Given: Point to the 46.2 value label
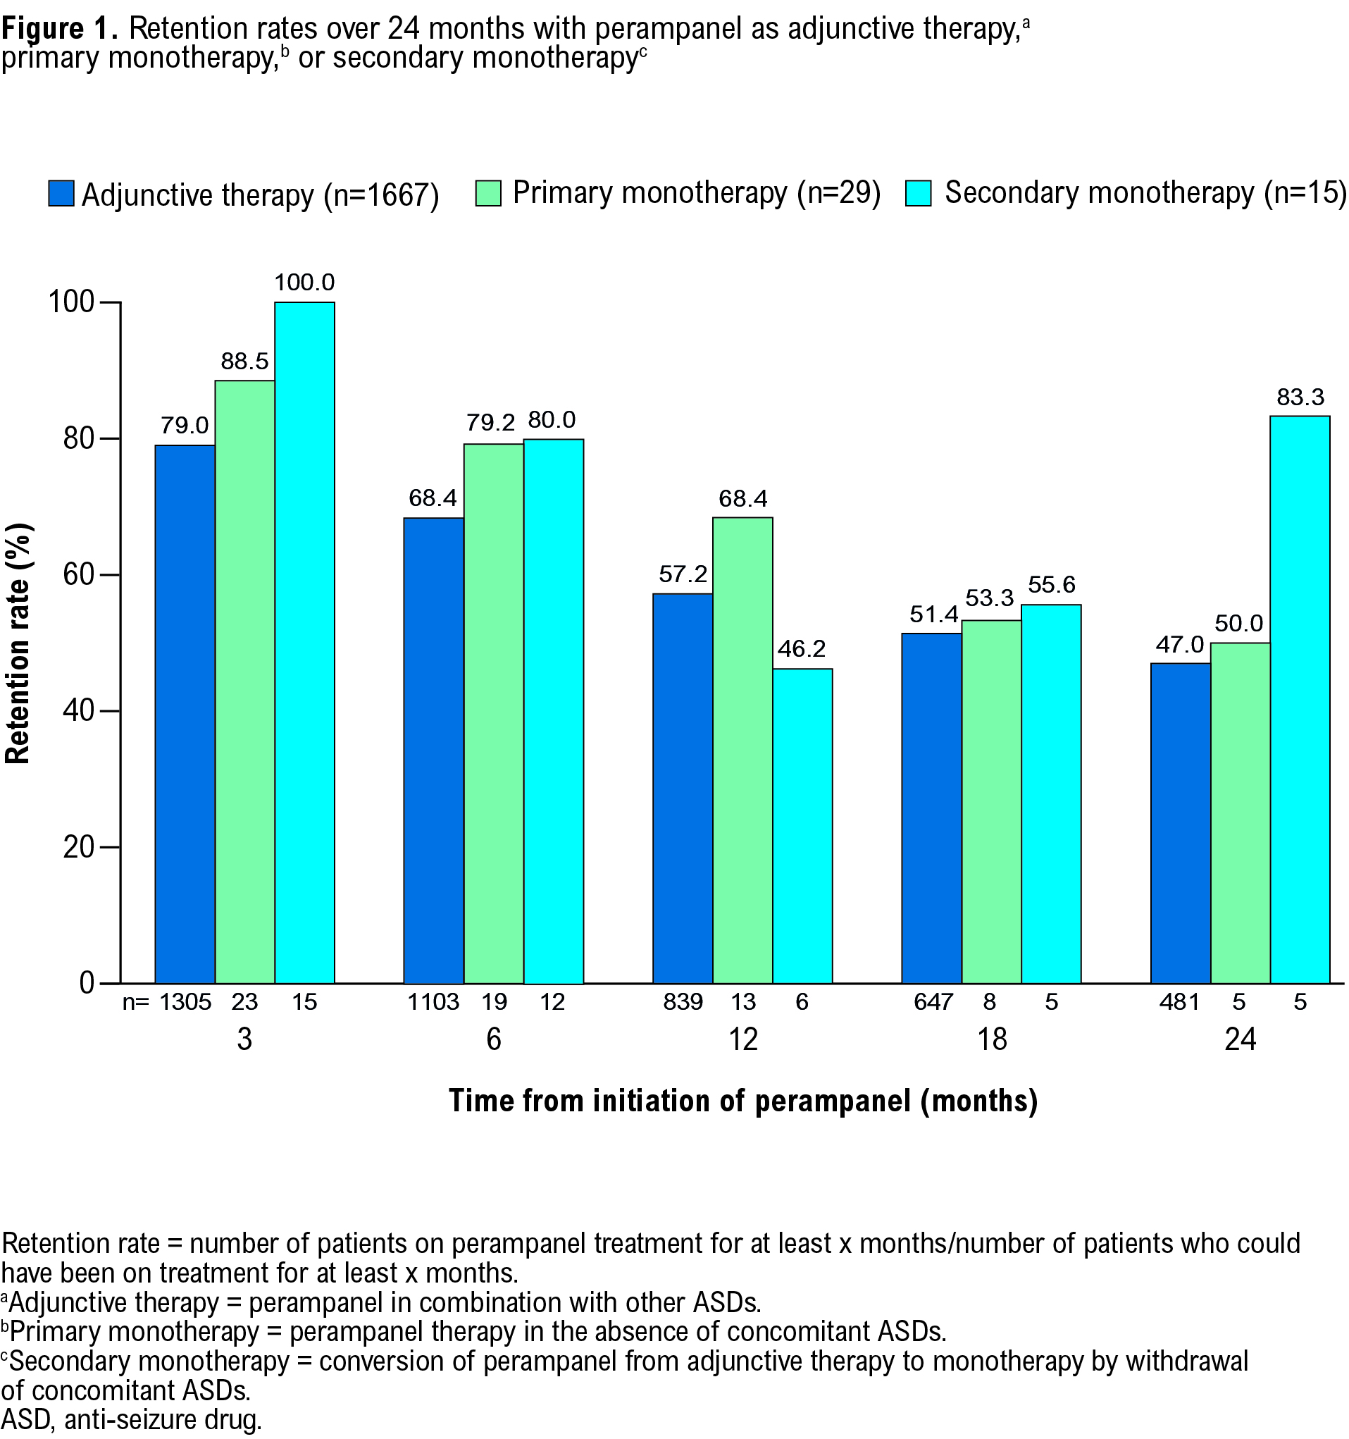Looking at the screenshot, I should click(x=801, y=648).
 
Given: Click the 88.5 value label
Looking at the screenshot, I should click(x=244, y=362).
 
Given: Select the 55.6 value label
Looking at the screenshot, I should click(x=1051, y=585).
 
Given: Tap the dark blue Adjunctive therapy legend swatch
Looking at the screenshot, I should click(x=61, y=193).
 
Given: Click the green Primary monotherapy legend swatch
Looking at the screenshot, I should click(x=487, y=193).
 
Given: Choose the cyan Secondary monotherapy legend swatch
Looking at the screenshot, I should click(x=919, y=193).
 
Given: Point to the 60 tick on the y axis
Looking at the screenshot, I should click(x=80, y=575).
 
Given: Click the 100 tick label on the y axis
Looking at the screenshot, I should click(x=71, y=302).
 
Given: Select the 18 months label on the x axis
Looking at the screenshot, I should click(x=991, y=1040).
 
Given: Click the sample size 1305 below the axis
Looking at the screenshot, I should click(x=185, y=1003).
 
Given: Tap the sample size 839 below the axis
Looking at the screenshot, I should click(x=683, y=1003).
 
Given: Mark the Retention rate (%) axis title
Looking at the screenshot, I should click(x=18, y=643).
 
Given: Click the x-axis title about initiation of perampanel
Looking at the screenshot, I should click(x=743, y=1101).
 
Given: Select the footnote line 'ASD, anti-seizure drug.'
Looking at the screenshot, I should click(x=132, y=1420).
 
